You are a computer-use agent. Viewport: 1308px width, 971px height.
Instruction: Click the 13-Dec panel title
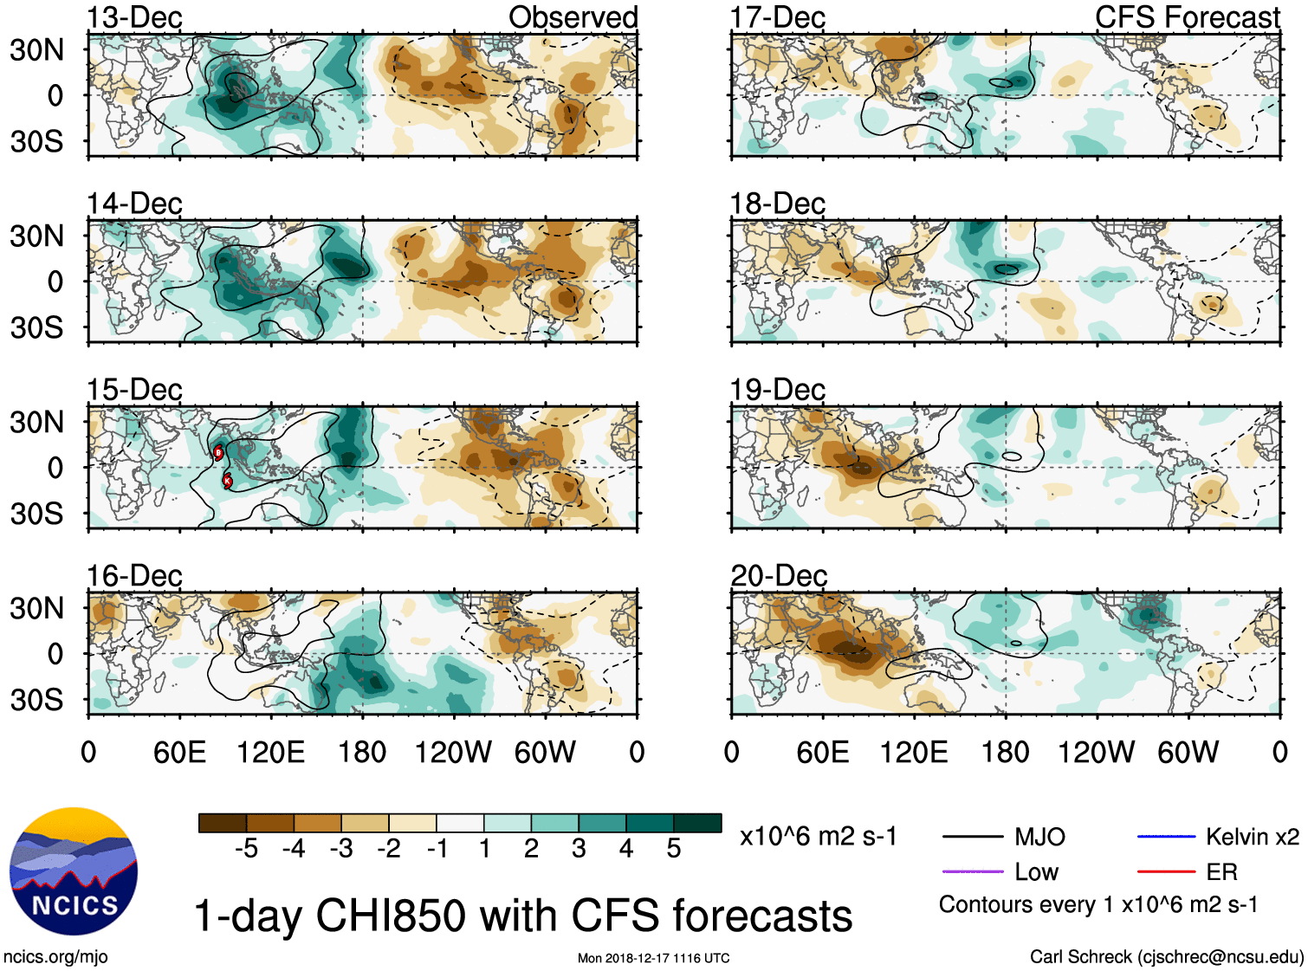(x=134, y=18)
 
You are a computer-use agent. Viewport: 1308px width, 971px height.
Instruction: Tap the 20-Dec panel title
(x=778, y=576)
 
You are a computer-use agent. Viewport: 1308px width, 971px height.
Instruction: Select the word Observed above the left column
(x=573, y=17)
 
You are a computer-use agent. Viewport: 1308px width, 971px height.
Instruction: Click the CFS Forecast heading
(x=1187, y=17)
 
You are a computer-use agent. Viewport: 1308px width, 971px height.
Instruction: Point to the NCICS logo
(x=74, y=871)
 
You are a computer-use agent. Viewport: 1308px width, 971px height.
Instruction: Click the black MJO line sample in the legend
(x=971, y=837)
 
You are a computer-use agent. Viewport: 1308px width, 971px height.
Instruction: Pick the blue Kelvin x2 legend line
(x=1166, y=837)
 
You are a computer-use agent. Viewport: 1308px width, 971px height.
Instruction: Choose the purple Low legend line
(x=971, y=871)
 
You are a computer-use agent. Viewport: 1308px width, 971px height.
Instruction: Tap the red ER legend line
(x=1166, y=871)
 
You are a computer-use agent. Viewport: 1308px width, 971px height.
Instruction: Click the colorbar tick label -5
(x=246, y=849)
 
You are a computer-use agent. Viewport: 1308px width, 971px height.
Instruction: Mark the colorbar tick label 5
(x=674, y=849)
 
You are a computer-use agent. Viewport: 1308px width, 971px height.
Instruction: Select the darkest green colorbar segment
(x=697, y=823)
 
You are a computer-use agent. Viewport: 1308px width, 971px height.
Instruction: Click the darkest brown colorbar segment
(x=223, y=823)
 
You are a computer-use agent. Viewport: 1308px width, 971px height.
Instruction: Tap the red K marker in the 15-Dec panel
(x=228, y=481)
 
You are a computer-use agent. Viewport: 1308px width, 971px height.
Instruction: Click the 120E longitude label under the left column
(x=271, y=752)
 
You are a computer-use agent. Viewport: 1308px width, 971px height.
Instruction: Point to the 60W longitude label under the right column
(x=1188, y=752)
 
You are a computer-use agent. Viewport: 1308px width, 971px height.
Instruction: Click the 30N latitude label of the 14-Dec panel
(x=36, y=236)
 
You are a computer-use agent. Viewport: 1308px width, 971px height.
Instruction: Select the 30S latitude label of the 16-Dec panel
(x=36, y=700)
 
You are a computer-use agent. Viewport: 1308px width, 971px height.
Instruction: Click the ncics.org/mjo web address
(x=55, y=956)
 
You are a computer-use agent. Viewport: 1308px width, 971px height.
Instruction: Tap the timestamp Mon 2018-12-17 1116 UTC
(x=653, y=958)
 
